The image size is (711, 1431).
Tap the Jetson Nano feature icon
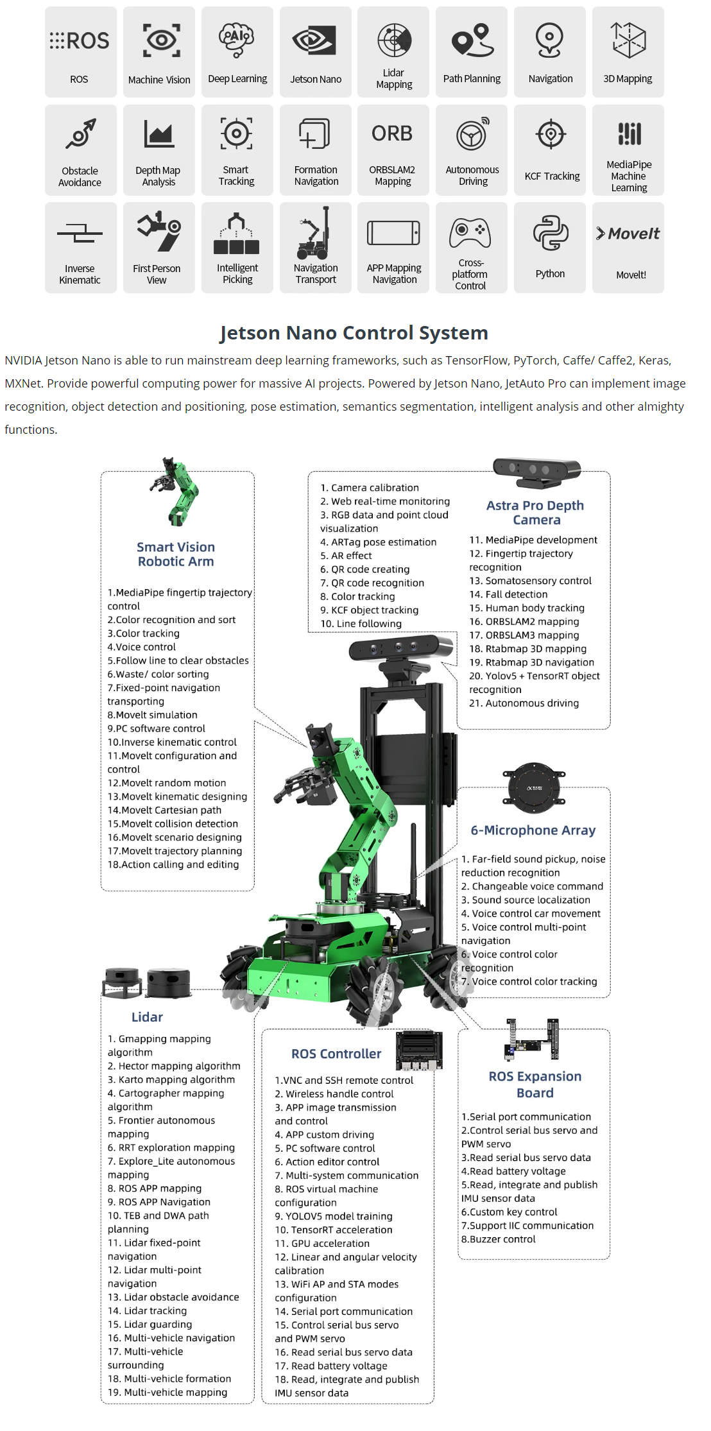click(x=315, y=41)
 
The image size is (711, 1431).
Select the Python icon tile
click(x=550, y=233)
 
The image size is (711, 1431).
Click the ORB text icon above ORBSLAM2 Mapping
click(x=392, y=133)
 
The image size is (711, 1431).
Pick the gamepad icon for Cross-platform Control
click(x=470, y=233)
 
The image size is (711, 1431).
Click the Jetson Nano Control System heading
click(x=354, y=332)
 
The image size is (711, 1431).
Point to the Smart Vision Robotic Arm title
click(x=176, y=554)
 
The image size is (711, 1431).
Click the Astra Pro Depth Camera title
click(x=535, y=512)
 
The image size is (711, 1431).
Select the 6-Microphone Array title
click(x=533, y=830)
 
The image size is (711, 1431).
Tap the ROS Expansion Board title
click(x=535, y=1084)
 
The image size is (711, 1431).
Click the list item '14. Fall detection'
click(x=508, y=594)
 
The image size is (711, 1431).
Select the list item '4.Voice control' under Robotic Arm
click(x=142, y=647)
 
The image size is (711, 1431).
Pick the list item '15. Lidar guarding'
click(x=150, y=1324)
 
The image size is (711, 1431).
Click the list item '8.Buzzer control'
click(x=499, y=1239)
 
